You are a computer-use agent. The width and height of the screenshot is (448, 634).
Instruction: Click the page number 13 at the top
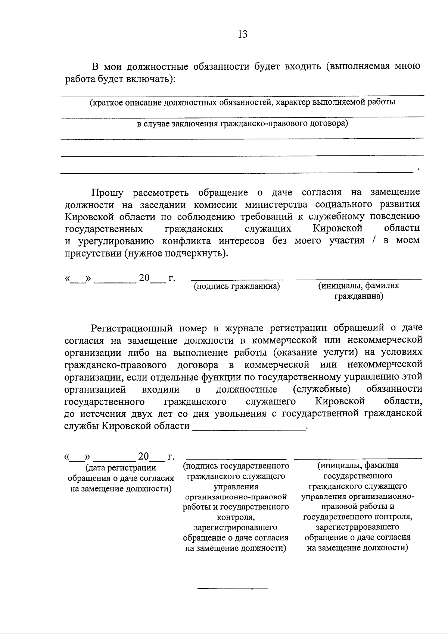point(242,34)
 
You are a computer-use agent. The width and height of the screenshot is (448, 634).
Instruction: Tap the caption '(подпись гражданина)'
point(237,286)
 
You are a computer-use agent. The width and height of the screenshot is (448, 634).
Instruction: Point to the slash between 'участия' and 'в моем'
point(374,240)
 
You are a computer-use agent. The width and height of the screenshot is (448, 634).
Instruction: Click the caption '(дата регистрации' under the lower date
point(121,468)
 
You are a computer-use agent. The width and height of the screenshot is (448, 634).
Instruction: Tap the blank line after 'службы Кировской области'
point(249,430)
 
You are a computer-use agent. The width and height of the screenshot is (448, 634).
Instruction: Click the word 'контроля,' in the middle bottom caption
point(236,517)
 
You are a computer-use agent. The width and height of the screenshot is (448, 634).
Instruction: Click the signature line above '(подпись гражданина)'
point(237,279)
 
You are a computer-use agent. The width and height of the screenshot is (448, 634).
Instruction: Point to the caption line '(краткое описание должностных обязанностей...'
point(242,102)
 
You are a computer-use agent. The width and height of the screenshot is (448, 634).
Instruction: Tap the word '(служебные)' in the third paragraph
point(321,389)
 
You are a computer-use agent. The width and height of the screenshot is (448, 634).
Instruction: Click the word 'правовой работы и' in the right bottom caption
point(357,507)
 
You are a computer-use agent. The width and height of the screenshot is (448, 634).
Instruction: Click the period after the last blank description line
point(419,170)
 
